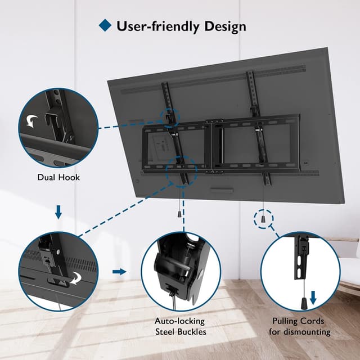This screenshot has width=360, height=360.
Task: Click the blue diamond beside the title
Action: (x=105, y=25)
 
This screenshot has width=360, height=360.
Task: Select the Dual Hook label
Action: (x=58, y=177)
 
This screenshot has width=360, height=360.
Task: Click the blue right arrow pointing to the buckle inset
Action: (x=119, y=272)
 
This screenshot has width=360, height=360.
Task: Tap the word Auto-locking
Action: (x=180, y=321)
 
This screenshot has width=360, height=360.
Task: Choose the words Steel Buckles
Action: (x=180, y=332)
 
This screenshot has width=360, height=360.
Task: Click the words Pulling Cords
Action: (x=300, y=321)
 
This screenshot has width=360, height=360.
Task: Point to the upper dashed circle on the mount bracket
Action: (x=169, y=116)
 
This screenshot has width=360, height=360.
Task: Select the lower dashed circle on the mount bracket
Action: (x=182, y=169)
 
